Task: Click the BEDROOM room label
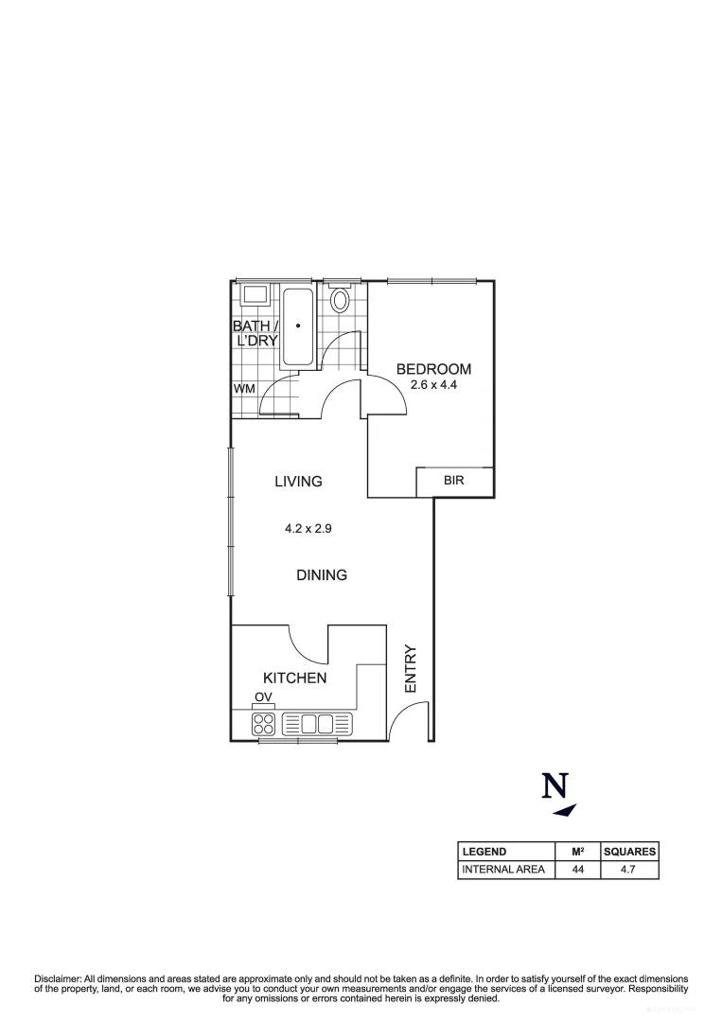tap(433, 369)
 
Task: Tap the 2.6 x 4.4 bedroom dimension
tap(433, 385)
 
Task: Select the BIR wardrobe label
tap(454, 481)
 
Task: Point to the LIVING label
tap(298, 481)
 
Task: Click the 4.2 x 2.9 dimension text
tap(308, 529)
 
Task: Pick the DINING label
tap(322, 574)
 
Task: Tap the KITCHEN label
tap(294, 678)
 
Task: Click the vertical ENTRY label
tap(411, 669)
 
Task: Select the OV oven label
tap(263, 697)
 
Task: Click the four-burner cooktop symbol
tap(264, 724)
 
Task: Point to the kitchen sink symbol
tap(317, 724)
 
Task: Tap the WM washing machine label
tap(244, 388)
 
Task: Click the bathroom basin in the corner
tap(255, 294)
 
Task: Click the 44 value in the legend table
tap(577, 870)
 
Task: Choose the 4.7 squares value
tap(629, 870)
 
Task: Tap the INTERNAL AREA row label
tap(503, 870)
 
